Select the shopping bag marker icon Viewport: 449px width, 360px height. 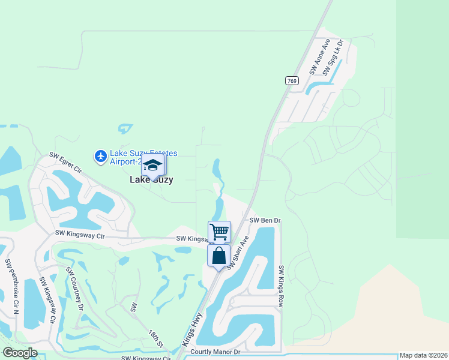[219, 256]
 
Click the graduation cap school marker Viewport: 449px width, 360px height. [152, 166]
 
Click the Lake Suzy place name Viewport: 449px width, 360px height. [152, 179]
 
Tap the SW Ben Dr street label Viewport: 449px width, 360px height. [265, 220]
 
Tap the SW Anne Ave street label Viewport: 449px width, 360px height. [320, 57]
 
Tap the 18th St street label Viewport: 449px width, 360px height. [157, 338]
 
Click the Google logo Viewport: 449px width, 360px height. [20, 353]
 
